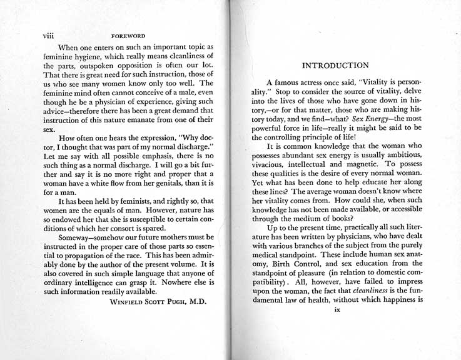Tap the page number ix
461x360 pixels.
337,326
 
